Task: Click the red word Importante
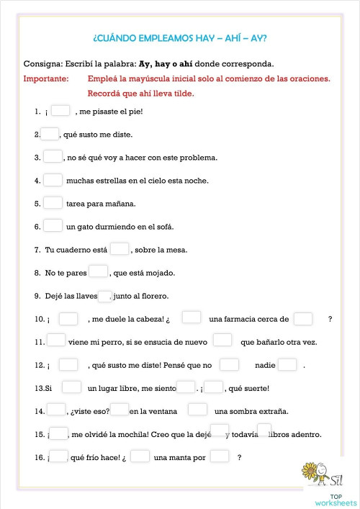46,79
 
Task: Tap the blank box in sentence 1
60,111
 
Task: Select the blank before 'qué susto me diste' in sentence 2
50,134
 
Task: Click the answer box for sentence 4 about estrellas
53,180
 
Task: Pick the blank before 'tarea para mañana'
53,203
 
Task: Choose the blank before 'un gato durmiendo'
53,226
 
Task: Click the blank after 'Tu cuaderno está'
120,249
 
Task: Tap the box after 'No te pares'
99,272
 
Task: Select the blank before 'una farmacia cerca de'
191,318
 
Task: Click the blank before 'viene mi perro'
57,341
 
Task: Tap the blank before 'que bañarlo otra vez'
222,341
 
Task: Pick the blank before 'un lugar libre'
71,388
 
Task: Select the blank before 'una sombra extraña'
197,410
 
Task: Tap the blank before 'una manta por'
140,456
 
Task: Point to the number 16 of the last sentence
39,457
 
